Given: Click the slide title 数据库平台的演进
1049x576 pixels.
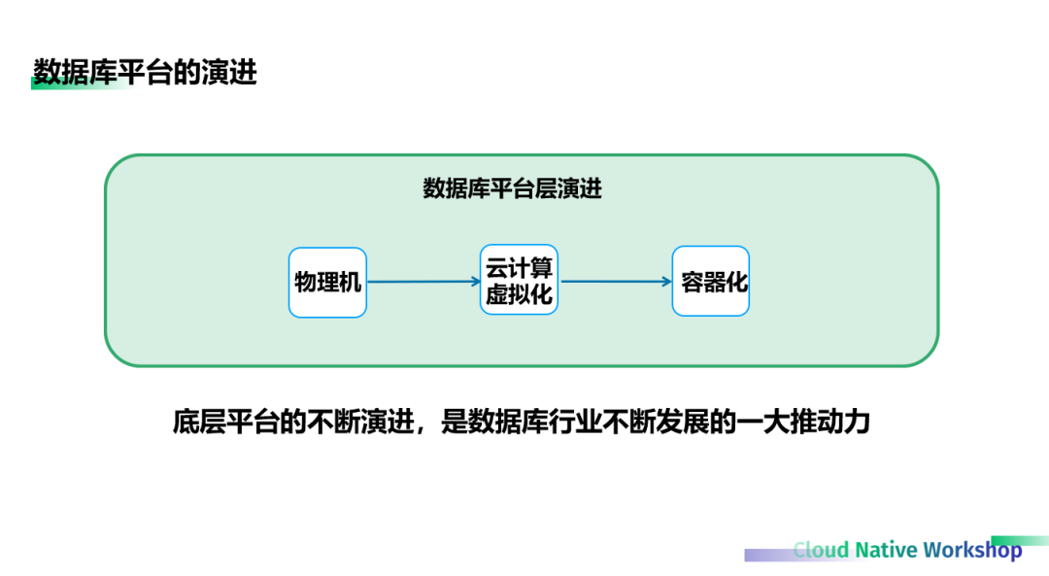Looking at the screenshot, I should click(145, 72).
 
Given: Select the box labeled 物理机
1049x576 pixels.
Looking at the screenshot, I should click(327, 283).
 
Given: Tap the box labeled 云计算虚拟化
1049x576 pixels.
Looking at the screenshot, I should click(520, 282).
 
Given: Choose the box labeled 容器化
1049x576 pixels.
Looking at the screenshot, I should click(711, 283).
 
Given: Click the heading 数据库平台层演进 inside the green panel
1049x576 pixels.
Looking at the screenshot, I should click(512, 188).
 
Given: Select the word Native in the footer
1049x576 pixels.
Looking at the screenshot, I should click(886, 550).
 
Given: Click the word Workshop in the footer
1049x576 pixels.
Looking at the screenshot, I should click(972, 550).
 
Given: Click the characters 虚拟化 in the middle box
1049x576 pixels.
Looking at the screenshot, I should click(520, 294).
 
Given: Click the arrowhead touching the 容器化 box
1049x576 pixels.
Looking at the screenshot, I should click(666, 283).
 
